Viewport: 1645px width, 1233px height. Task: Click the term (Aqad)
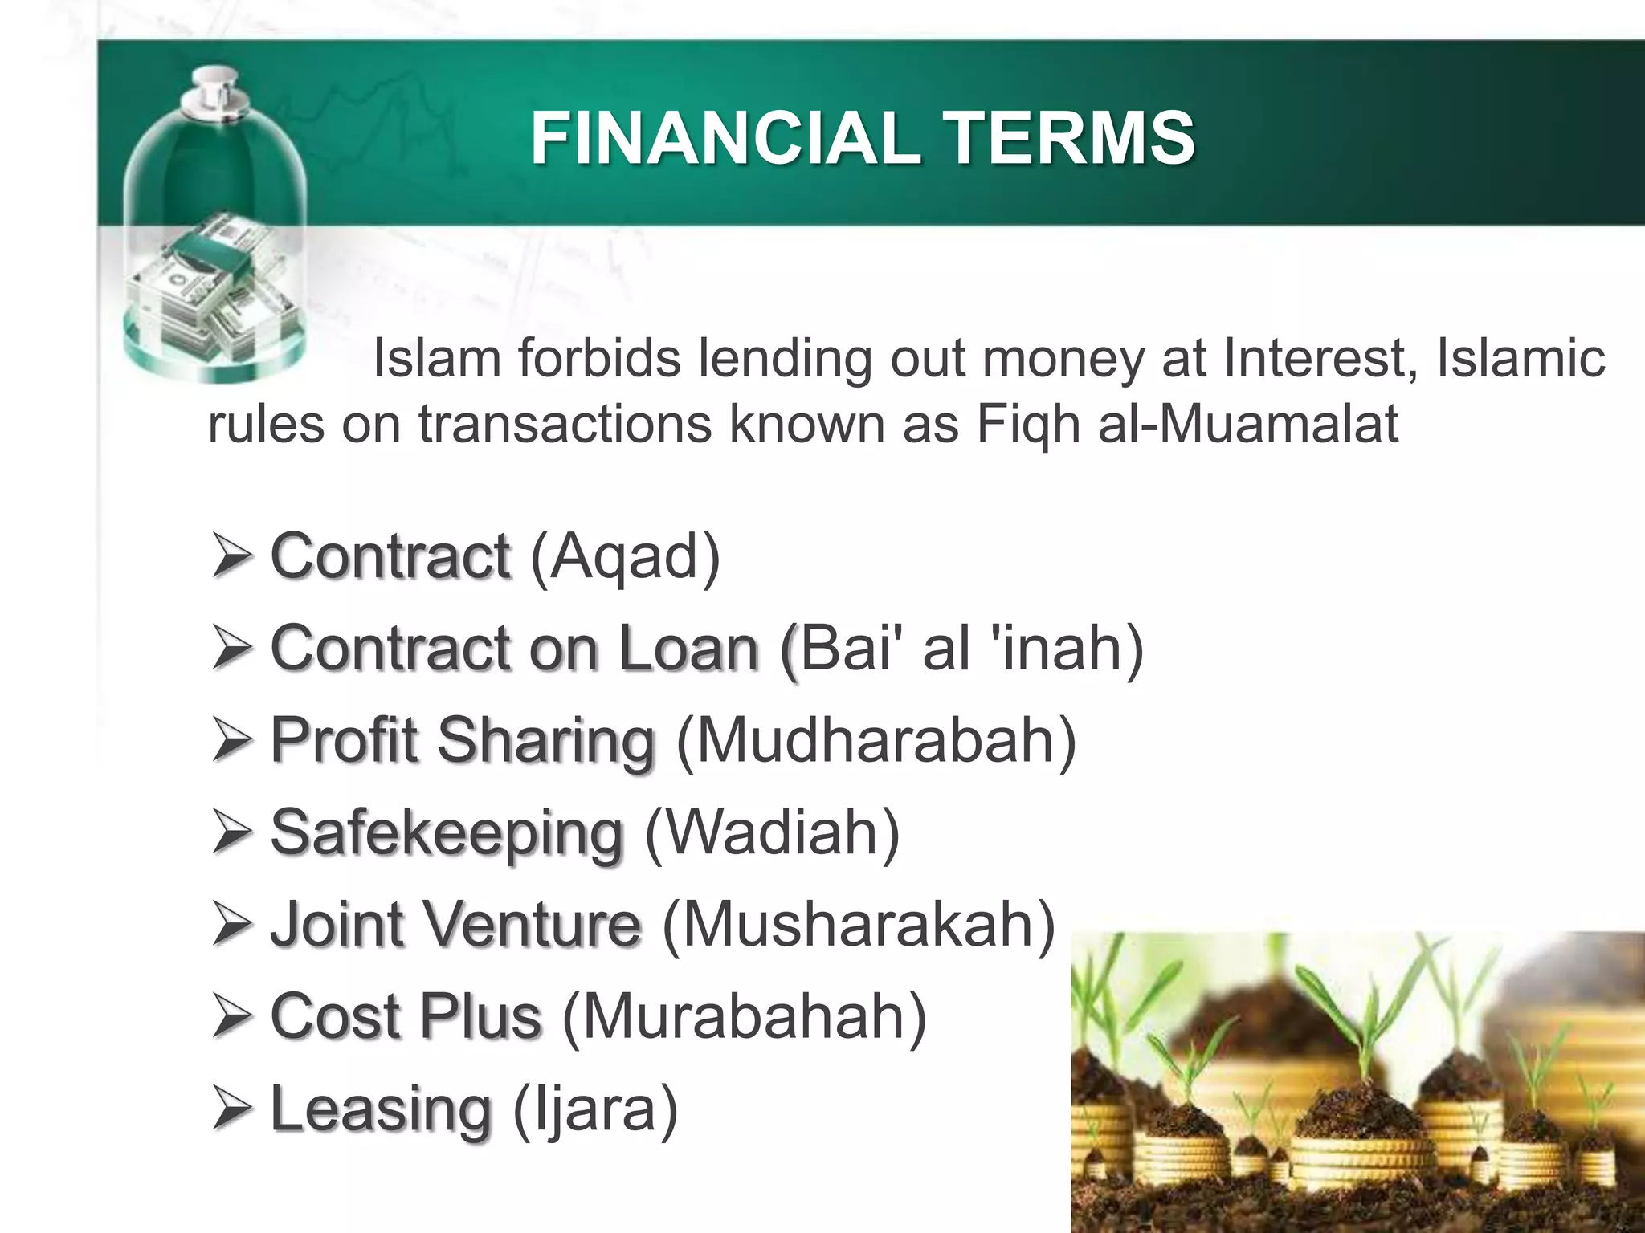(x=625, y=556)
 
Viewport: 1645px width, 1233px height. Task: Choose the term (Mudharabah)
(x=876, y=740)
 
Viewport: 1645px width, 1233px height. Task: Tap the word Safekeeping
(x=447, y=833)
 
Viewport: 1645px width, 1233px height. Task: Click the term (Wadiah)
(x=772, y=833)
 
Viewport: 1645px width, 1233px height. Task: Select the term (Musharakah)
(x=858, y=926)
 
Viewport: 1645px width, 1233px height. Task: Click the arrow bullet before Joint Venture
(x=232, y=926)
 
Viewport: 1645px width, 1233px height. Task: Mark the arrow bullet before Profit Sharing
(x=232, y=740)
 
